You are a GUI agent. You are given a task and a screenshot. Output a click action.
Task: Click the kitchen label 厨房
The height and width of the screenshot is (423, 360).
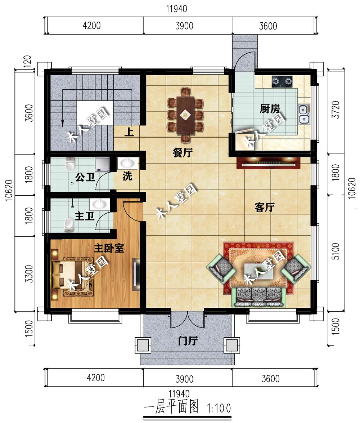[x=270, y=109]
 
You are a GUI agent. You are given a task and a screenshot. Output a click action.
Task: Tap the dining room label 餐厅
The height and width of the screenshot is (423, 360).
[x=183, y=153]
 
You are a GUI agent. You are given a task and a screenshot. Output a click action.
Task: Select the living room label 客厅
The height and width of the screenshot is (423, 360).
[x=264, y=208]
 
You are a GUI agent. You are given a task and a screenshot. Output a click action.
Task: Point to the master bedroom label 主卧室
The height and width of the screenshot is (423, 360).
[x=109, y=248]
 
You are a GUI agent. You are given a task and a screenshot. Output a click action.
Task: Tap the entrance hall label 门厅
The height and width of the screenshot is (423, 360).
[x=188, y=341]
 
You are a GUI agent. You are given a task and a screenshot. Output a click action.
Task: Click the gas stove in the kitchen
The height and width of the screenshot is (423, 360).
[x=282, y=82]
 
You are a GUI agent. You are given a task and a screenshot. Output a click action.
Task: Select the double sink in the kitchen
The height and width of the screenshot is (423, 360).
[x=304, y=114]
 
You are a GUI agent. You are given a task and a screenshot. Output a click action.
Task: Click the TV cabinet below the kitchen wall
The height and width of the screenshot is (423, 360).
[x=269, y=162]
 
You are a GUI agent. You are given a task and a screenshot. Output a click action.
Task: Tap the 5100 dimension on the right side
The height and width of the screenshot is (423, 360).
[x=336, y=251]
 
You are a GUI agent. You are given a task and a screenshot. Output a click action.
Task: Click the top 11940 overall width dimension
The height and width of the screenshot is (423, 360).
[x=177, y=9]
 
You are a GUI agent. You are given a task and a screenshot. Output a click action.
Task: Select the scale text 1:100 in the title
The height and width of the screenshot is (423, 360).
[x=219, y=408]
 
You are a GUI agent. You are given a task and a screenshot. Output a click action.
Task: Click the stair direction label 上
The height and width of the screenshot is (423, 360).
[x=129, y=132]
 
